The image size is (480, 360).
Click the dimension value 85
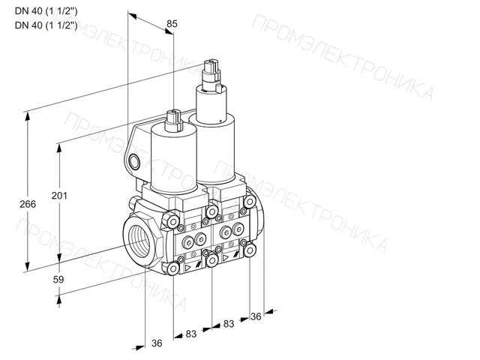[x=172, y=23]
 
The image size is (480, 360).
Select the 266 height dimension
[x=28, y=204]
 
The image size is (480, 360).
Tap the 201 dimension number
[x=59, y=195]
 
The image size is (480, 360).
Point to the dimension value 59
[x=58, y=279]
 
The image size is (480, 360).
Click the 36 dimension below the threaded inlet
[x=157, y=343]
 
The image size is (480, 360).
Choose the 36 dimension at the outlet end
[x=256, y=316]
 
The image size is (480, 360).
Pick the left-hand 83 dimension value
[x=190, y=334]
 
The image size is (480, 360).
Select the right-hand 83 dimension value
[x=228, y=323]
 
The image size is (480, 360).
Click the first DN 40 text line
[x=46, y=11]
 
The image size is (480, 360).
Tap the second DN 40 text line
[x=46, y=25]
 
